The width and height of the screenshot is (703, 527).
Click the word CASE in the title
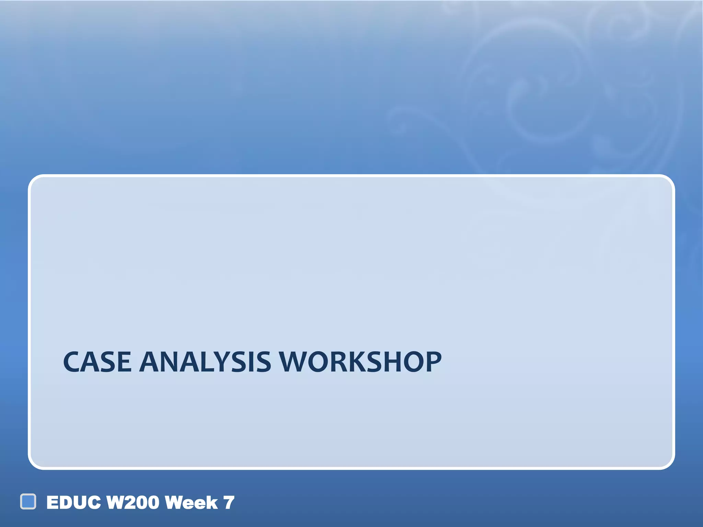tap(97, 362)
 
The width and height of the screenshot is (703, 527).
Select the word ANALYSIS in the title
tap(205, 362)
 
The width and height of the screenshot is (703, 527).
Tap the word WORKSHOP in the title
tap(360, 362)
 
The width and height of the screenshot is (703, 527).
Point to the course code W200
tap(133, 503)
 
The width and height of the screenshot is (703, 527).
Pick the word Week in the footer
tap(191, 503)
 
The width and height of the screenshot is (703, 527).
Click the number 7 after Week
tap(229, 503)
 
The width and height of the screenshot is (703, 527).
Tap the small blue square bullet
tap(28, 502)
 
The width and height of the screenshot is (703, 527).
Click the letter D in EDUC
tap(68, 503)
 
